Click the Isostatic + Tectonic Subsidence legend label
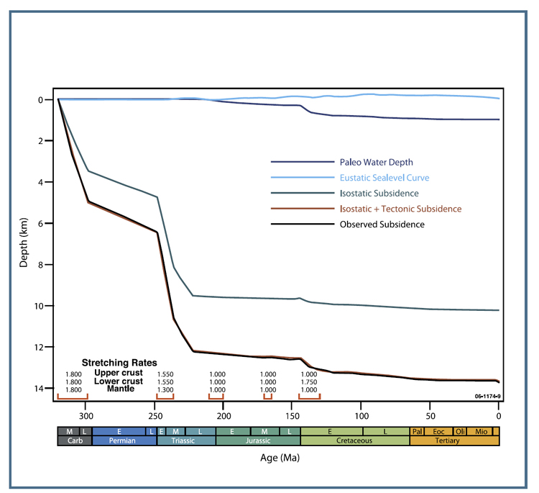click(x=400, y=209)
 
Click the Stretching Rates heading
click(x=119, y=362)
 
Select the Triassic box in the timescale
click(x=186, y=440)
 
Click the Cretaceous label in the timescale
click(x=355, y=440)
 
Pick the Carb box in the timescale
click(x=74, y=440)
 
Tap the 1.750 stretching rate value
click(x=309, y=381)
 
